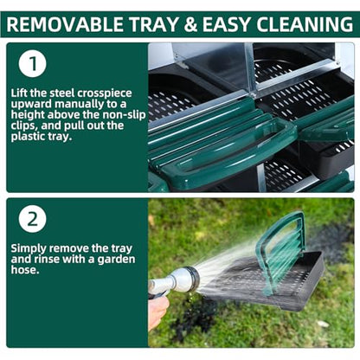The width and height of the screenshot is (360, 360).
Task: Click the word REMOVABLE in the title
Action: pos(65,24)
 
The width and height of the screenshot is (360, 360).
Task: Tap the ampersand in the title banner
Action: pos(190,24)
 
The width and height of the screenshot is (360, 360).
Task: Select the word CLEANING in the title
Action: pos(305,24)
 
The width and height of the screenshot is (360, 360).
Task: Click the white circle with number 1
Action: pos(33,64)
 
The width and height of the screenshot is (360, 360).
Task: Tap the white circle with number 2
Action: pos(33,219)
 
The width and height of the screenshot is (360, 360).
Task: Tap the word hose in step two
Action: pos(23,269)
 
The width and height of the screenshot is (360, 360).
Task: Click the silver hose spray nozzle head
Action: pos(185,278)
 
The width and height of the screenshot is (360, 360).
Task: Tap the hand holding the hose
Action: pos(157,312)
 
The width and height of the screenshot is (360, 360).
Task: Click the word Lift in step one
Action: pos(19,93)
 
